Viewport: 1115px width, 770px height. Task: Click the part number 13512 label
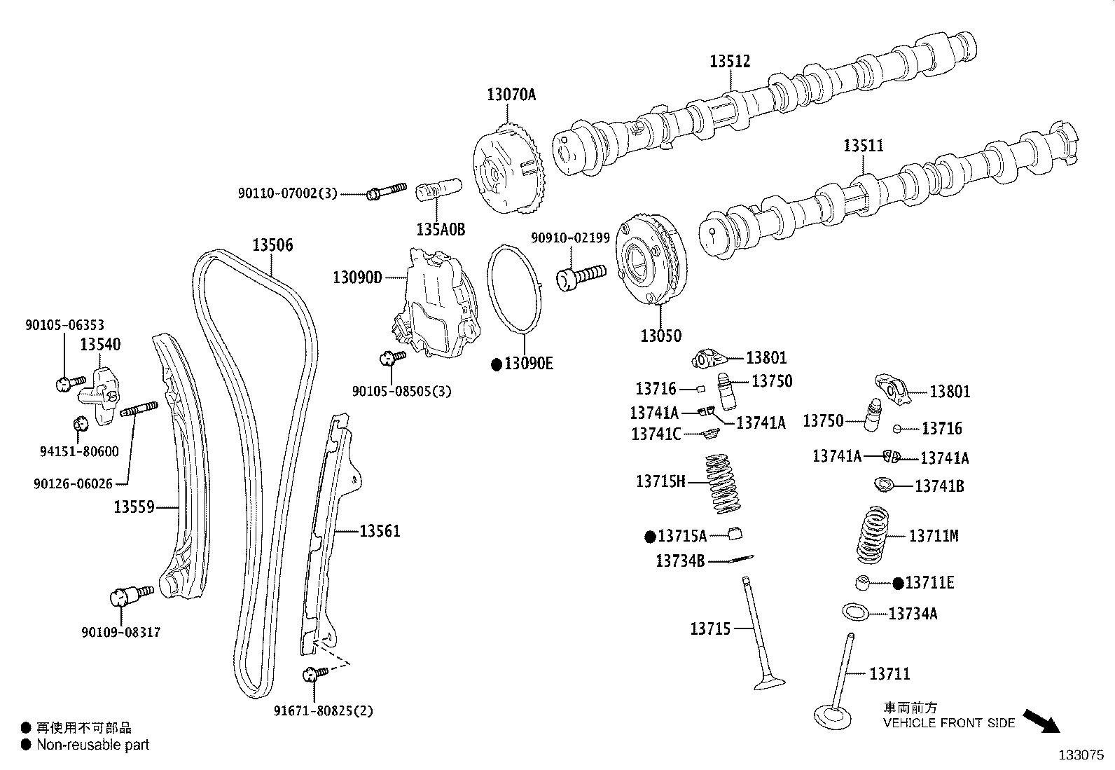pos(730,62)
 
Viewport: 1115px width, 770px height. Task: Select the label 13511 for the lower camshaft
pos(863,146)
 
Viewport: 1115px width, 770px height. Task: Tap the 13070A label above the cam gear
pos(511,95)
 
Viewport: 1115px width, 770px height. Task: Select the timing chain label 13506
pos(272,245)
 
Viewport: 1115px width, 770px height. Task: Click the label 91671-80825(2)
pos(323,711)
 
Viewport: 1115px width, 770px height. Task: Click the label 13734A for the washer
pos(913,614)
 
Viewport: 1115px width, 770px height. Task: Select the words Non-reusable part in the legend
pos(92,745)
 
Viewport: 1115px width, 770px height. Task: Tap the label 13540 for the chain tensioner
pos(99,344)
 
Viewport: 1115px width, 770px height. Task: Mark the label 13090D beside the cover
pos(357,277)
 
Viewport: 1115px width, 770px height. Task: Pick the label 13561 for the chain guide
pos(380,531)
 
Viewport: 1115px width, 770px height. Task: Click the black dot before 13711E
pos(899,583)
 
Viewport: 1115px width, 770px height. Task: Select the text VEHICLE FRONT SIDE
pos(948,723)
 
